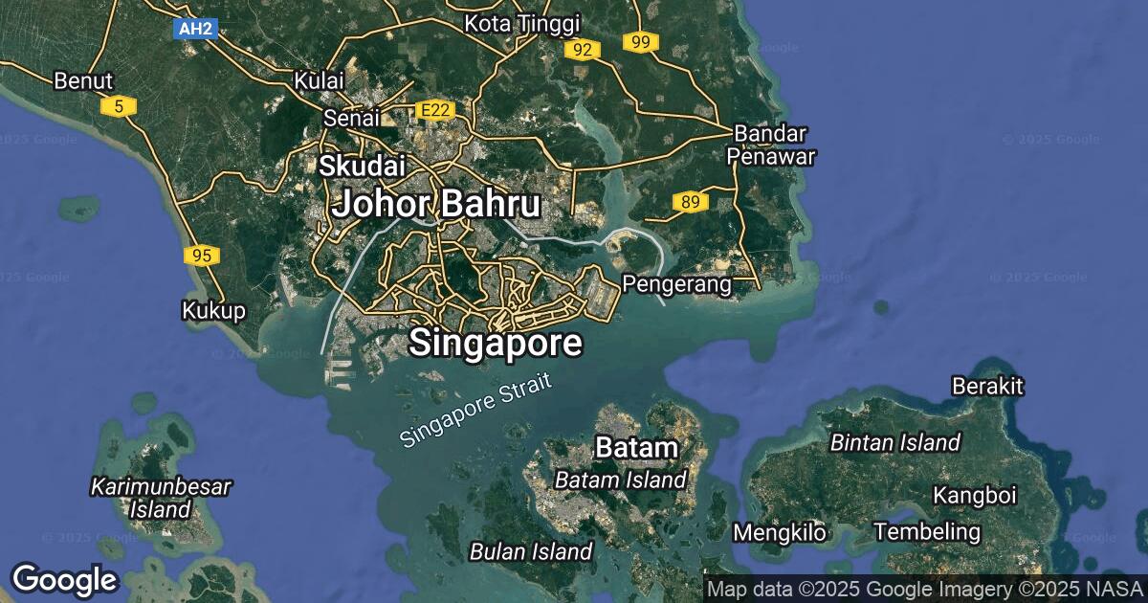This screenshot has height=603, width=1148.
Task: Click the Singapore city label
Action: pyautogui.click(x=496, y=343)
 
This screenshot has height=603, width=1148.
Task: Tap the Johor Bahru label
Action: pyautogui.click(x=436, y=204)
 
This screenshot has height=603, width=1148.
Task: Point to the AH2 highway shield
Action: pyautogui.click(x=194, y=30)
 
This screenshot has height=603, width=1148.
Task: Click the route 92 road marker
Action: pyautogui.click(x=582, y=50)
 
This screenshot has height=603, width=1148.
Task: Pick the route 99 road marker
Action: pyautogui.click(x=640, y=42)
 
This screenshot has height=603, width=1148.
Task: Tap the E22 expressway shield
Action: pyautogui.click(x=434, y=111)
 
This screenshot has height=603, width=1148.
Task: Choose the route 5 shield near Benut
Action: pyautogui.click(x=119, y=106)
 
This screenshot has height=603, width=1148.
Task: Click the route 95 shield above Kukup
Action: pyautogui.click(x=201, y=256)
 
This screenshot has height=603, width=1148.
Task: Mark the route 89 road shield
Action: pyautogui.click(x=690, y=201)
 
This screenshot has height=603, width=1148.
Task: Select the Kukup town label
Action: pyautogui.click(x=213, y=310)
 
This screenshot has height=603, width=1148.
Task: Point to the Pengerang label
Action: pyautogui.click(x=676, y=283)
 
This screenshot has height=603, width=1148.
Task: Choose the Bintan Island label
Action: pyautogui.click(x=894, y=442)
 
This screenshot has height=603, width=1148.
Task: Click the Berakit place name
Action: pyautogui.click(x=987, y=386)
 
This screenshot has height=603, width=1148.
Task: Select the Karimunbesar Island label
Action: pyautogui.click(x=161, y=498)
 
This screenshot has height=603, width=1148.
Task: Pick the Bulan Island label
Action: pyautogui.click(x=531, y=551)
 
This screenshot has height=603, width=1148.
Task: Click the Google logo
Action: pyautogui.click(x=64, y=580)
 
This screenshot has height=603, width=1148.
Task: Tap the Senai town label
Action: pyautogui.click(x=352, y=118)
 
